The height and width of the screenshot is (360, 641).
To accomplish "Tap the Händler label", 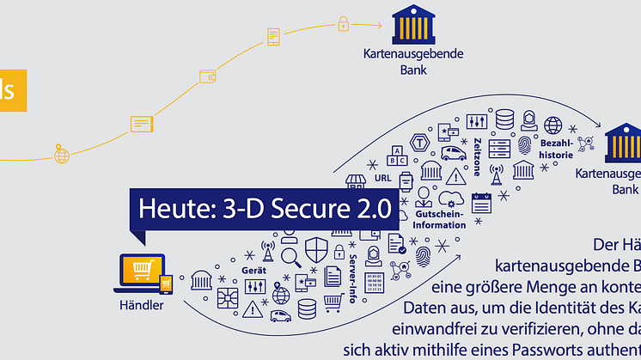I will pyautogui.click(x=142, y=304).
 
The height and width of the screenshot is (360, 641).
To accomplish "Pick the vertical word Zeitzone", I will pyautogui.click(x=477, y=155).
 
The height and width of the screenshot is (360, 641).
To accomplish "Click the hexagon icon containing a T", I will pyautogui.click(x=421, y=142).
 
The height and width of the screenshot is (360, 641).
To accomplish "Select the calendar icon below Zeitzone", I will pyautogui.click(x=480, y=202).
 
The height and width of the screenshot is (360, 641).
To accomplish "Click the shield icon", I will pyautogui.click(x=317, y=249).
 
